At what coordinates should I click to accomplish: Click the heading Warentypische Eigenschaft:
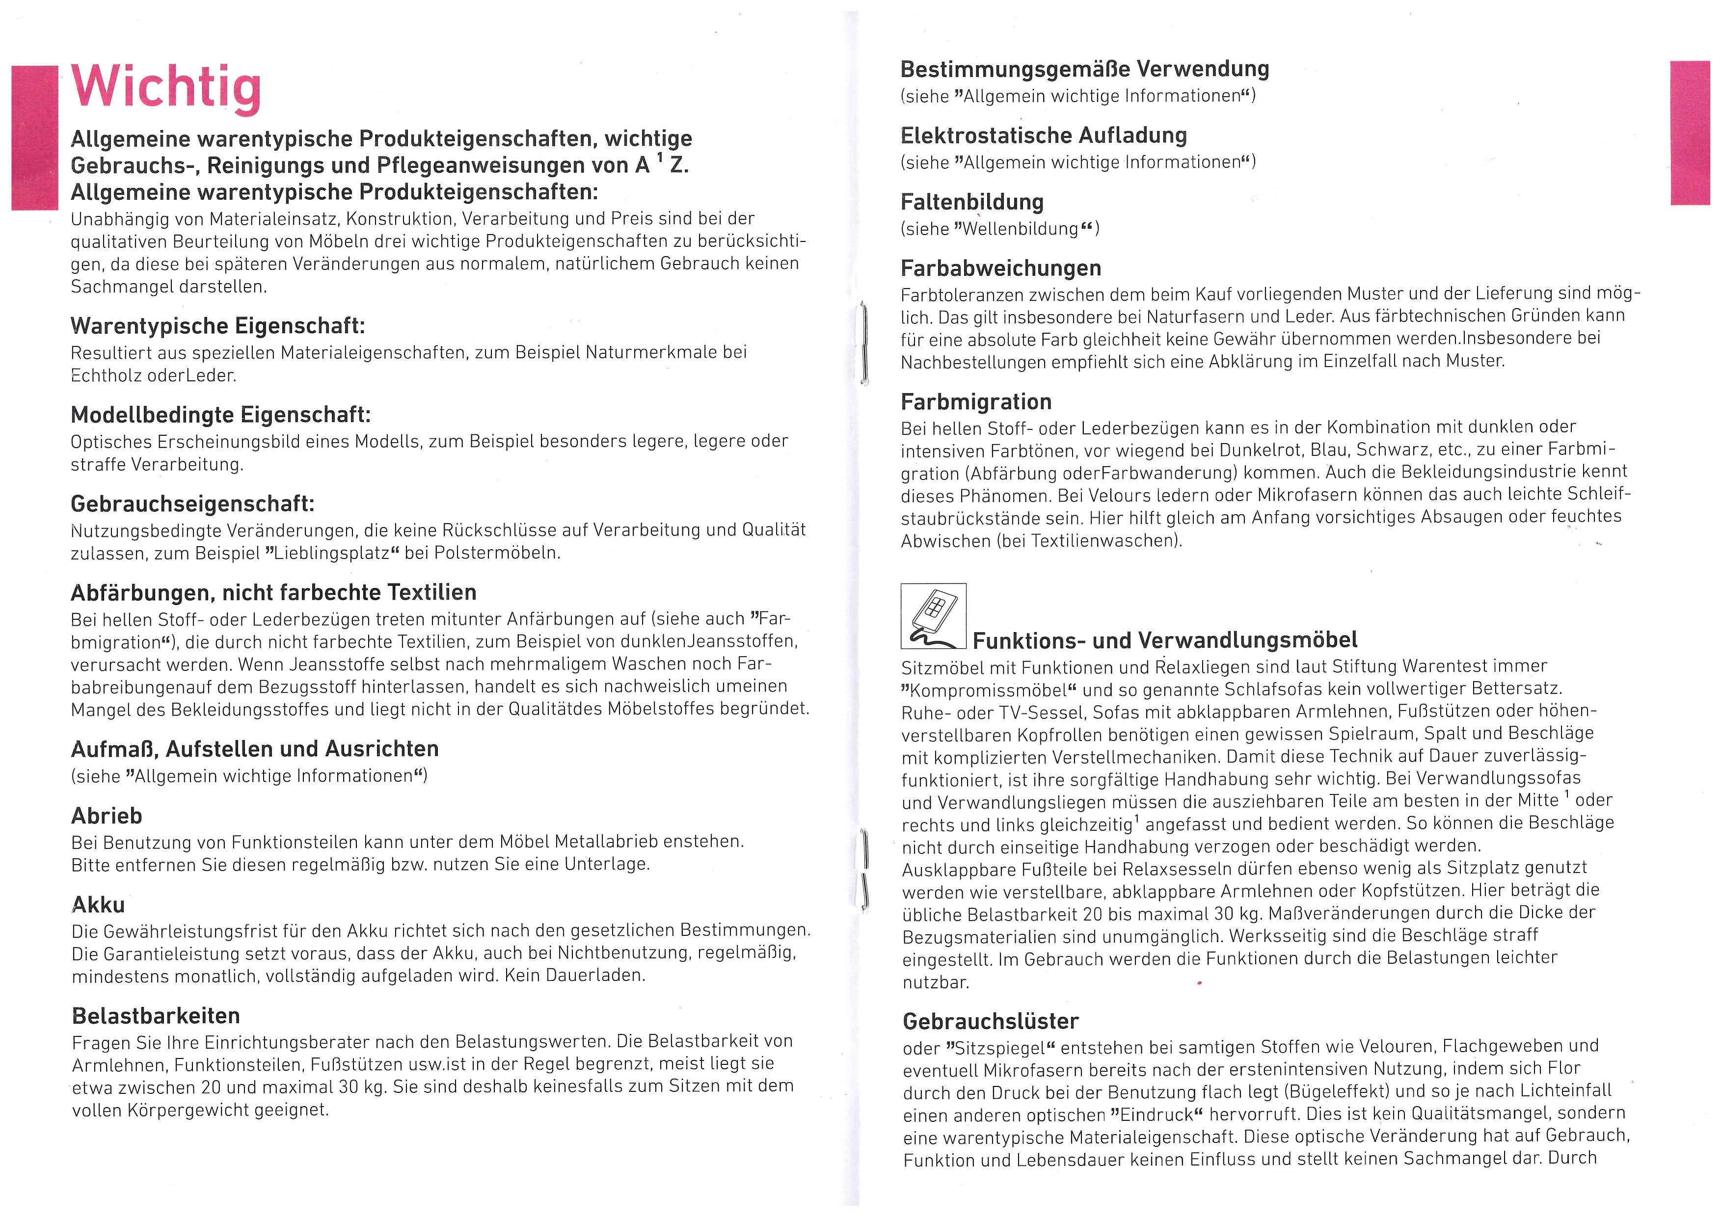point(217,326)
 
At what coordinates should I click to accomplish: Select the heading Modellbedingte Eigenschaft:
point(220,415)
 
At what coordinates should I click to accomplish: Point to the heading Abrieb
point(107,816)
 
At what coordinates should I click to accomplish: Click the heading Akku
point(98,905)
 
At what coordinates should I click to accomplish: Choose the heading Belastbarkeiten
point(156,1016)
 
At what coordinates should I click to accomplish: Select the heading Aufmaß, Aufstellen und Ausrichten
point(255,749)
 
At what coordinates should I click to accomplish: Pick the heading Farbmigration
point(976,402)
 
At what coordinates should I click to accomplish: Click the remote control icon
point(933,616)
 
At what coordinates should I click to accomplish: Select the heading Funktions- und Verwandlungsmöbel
point(1165,640)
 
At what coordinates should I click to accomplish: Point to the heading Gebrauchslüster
point(991,1021)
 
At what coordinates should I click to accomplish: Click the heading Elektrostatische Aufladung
point(1043,136)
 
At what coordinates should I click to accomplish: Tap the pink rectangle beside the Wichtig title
point(34,138)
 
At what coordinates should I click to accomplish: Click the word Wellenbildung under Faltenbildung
point(1020,229)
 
